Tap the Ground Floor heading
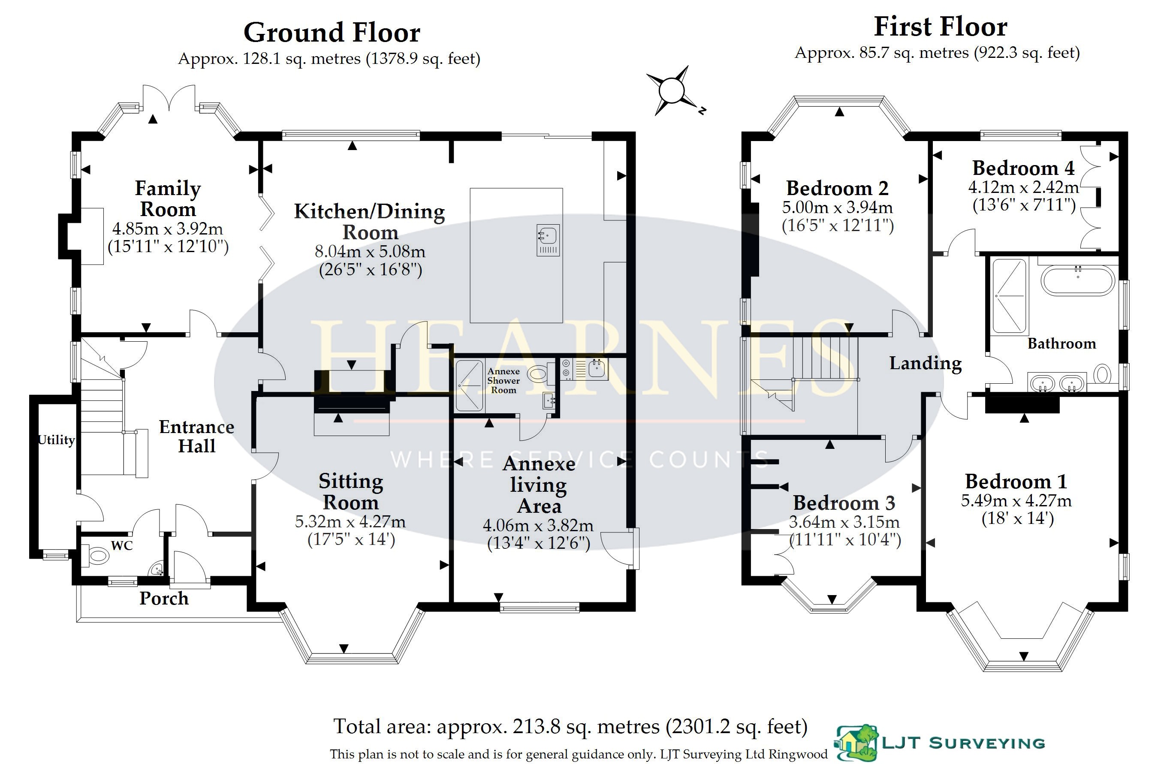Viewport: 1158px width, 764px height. click(332, 33)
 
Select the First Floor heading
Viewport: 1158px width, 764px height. click(940, 27)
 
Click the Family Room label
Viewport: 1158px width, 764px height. click(168, 199)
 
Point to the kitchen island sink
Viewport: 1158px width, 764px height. click(548, 240)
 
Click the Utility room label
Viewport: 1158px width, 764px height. click(57, 439)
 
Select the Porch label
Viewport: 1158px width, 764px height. click(164, 599)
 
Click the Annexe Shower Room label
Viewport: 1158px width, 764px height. click(504, 381)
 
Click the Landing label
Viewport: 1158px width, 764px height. click(926, 364)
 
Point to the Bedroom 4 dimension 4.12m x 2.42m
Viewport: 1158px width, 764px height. click(1023, 187)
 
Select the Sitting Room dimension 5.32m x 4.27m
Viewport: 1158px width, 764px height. click(350, 522)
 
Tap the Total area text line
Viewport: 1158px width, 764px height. click(570, 726)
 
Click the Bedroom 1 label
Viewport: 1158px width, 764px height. click(1016, 481)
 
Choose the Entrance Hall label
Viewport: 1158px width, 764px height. click(196, 436)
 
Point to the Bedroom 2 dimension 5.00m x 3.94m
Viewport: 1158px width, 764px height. click(837, 208)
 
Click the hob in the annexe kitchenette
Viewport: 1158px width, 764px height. click(566, 369)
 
